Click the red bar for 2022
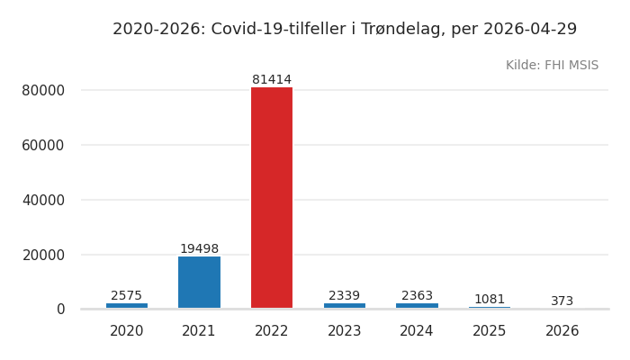click(272, 198)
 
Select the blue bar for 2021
click(199, 283)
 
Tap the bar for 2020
click(127, 306)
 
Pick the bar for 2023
click(345, 306)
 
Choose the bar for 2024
click(417, 306)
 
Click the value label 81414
click(272, 80)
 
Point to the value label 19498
click(199, 249)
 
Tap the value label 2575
click(127, 296)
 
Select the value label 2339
click(345, 296)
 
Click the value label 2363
click(417, 296)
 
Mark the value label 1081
click(490, 300)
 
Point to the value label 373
click(562, 301)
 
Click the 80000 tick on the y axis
click(43, 90)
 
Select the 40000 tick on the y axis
click(43, 200)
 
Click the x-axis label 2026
click(562, 331)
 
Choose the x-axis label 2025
click(490, 331)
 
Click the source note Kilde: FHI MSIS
click(552, 66)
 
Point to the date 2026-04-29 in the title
click(530, 30)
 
